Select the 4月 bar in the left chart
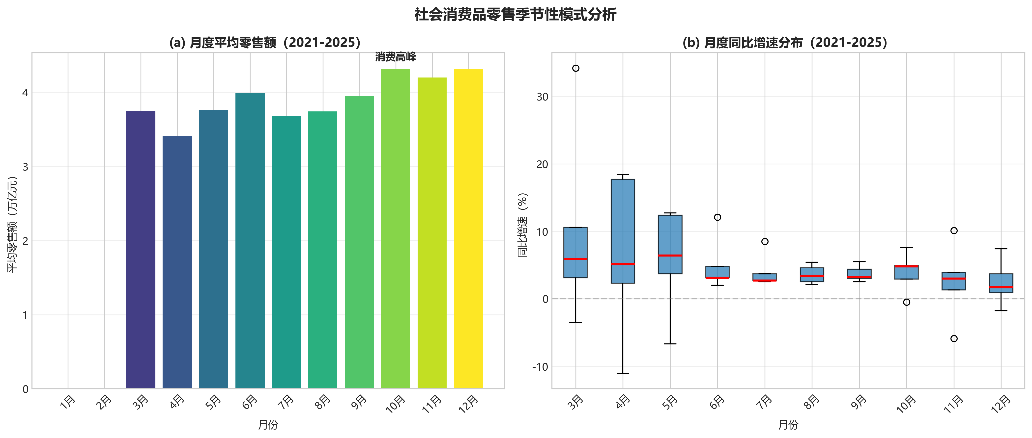tap(177, 262)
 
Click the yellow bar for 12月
tap(468, 229)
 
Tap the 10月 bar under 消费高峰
tap(395, 229)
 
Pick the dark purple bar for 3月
tap(141, 249)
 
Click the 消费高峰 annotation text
tap(395, 57)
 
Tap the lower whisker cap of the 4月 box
tap(623, 374)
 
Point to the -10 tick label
tap(540, 367)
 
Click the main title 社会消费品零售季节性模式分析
tap(516, 15)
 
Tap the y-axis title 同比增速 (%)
tap(523, 225)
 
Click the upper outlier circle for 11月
tap(954, 231)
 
